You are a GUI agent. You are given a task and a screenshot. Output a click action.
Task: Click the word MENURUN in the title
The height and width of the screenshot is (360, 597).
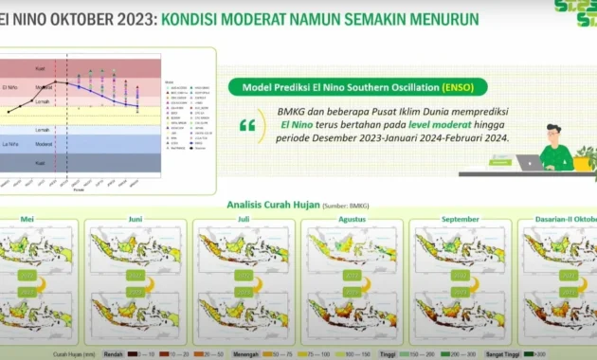tap(438, 18)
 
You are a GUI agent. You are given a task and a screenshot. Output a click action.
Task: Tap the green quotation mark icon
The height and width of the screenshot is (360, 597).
tap(246, 125)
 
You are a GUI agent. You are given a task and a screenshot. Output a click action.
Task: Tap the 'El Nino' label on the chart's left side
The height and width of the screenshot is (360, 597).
tap(12, 86)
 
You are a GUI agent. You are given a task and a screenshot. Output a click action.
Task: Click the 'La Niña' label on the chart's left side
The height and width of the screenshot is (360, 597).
tap(12, 144)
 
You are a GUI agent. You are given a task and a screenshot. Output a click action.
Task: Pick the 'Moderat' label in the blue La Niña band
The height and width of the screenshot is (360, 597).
tap(43, 145)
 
